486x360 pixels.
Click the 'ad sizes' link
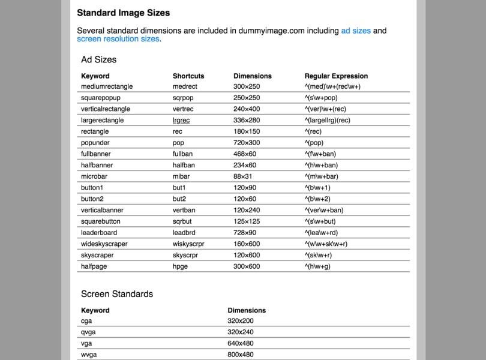pos(356,31)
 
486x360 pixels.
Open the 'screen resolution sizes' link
pos(118,39)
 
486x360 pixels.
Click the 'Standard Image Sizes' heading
pos(123,13)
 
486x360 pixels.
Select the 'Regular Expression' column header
pos(336,76)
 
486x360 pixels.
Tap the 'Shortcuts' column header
pos(188,76)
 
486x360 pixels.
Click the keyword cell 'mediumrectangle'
pos(107,86)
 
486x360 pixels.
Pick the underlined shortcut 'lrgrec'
pos(181,120)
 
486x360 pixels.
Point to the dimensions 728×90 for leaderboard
pos(245,233)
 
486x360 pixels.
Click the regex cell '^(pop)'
pos(314,143)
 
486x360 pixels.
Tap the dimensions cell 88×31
pos(243,176)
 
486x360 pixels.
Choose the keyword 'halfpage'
pos(94,266)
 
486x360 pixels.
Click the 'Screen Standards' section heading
pos(117,294)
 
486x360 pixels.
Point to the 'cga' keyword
pos(88,321)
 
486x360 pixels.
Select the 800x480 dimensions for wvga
pos(241,355)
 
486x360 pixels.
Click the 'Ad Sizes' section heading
pos(99,59)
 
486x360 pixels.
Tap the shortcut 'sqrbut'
pos(182,221)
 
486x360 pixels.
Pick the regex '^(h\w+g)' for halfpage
pos(317,266)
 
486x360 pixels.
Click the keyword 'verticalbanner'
pos(102,210)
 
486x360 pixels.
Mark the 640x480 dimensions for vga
pos(241,343)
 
